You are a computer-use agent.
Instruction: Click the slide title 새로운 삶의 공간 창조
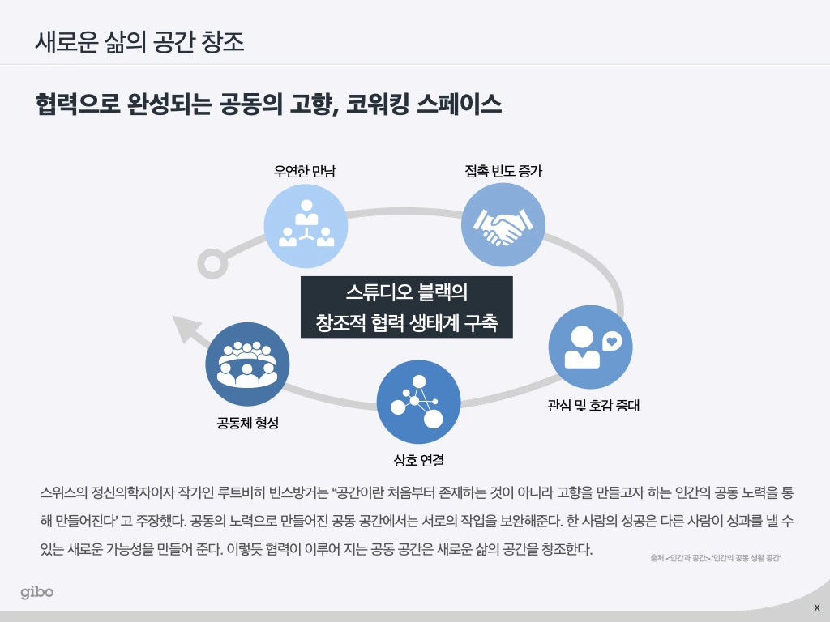(x=139, y=40)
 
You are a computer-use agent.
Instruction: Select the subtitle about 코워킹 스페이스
(x=268, y=104)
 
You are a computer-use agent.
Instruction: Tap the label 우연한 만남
(x=305, y=172)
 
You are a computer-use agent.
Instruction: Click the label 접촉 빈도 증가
(x=503, y=172)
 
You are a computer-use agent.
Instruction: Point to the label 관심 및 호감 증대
(x=593, y=405)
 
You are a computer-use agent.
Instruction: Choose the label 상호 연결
(x=418, y=460)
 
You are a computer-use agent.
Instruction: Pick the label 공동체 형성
(x=247, y=422)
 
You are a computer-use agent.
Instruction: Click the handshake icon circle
(x=503, y=225)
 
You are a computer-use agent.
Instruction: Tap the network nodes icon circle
(x=418, y=401)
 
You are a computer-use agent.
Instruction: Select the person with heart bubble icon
(x=590, y=347)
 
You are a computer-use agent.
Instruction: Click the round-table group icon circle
(x=247, y=364)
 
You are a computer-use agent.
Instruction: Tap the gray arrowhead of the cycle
(x=185, y=329)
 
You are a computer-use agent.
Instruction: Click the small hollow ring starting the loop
(x=212, y=263)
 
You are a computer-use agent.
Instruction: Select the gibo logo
(x=37, y=592)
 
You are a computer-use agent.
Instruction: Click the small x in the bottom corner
(x=816, y=607)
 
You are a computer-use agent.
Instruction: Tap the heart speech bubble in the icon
(x=613, y=342)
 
